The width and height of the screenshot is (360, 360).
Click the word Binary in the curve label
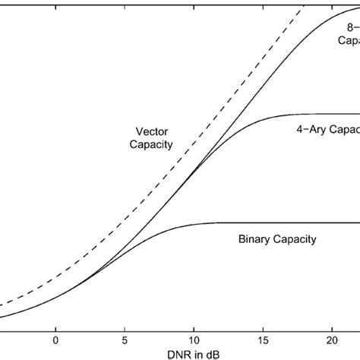(x=249, y=238)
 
